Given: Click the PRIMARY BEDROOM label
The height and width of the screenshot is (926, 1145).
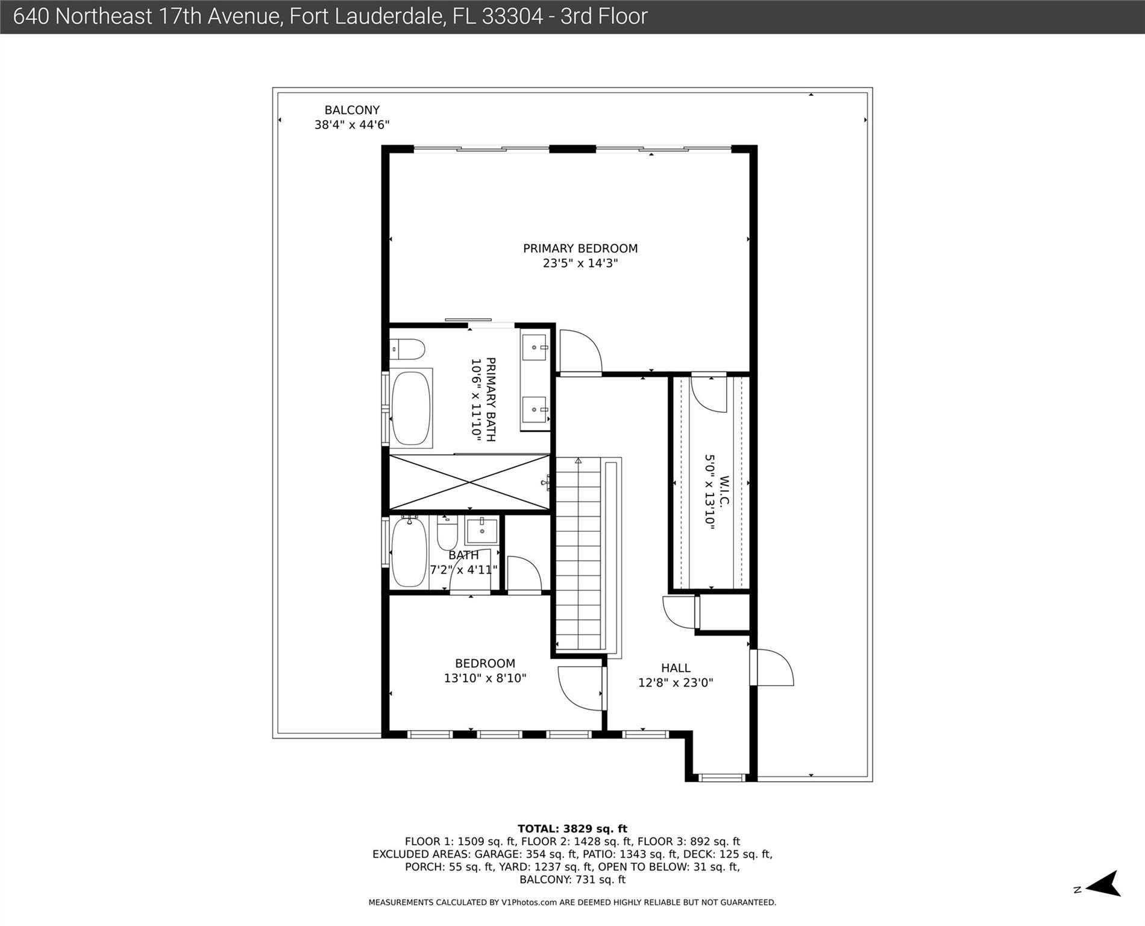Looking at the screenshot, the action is pyautogui.click(x=580, y=248).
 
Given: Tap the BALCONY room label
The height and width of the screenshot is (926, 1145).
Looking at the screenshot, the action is pyautogui.click(x=352, y=110).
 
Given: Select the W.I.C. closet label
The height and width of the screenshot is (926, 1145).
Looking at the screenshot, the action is pyautogui.click(x=724, y=492).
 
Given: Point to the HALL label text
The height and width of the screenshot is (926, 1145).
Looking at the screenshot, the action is pyautogui.click(x=676, y=668).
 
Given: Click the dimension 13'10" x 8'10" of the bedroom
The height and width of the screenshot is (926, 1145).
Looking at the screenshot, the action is pyautogui.click(x=485, y=678).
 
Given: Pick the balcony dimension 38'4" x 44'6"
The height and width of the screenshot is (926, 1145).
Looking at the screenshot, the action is pyautogui.click(x=352, y=125).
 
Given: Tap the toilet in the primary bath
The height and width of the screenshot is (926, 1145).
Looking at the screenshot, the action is pyautogui.click(x=407, y=349).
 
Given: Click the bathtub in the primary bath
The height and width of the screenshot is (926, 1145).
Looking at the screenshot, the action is pyautogui.click(x=411, y=408).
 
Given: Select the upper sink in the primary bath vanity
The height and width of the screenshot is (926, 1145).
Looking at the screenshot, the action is pyautogui.click(x=535, y=347).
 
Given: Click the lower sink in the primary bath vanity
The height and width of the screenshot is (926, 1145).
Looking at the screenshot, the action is pyautogui.click(x=535, y=410).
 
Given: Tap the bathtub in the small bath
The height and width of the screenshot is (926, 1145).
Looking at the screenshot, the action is pyautogui.click(x=409, y=552).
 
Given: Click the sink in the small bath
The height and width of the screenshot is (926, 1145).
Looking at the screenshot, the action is pyautogui.click(x=482, y=531).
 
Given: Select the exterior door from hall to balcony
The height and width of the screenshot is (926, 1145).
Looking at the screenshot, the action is pyautogui.click(x=772, y=667).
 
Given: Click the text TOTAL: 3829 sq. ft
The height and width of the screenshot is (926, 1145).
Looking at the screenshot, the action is pyautogui.click(x=572, y=829).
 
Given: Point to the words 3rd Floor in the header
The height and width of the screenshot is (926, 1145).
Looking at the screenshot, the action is pyautogui.click(x=604, y=16).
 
